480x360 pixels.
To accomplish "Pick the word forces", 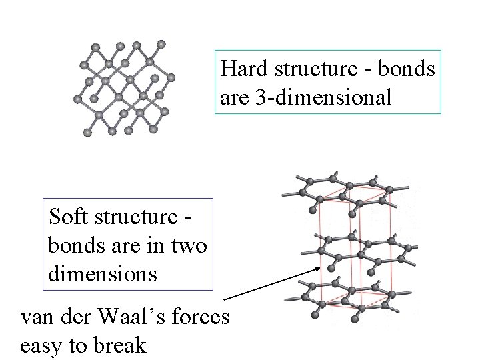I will (x=203, y=317).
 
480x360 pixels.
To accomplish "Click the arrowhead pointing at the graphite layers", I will (x=317, y=269).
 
